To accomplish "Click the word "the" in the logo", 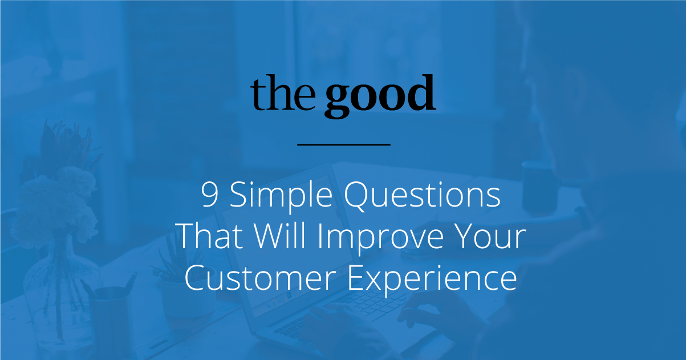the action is [x=283, y=94].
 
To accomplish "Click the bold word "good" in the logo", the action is [x=380, y=96].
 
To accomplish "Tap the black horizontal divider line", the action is [x=344, y=144].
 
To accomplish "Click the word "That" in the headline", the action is [x=210, y=236].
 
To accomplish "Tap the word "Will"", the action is [x=280, y=236].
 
